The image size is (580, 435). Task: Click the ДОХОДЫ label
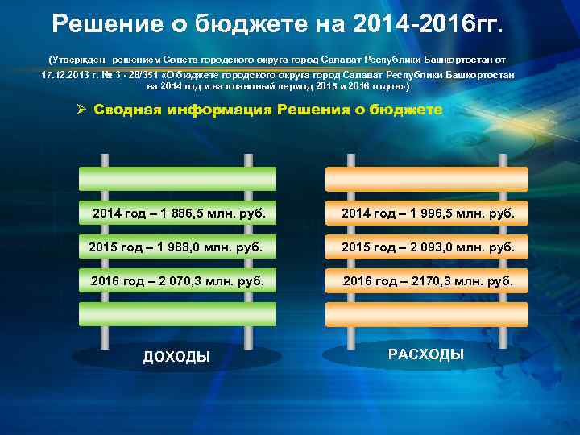coord(176,357)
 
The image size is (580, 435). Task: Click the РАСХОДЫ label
coord(426,354)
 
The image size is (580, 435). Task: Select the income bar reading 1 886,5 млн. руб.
coord(177,213)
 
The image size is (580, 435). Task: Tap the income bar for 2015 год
coord(177,246)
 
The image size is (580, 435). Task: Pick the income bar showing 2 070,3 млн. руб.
coord(177,280)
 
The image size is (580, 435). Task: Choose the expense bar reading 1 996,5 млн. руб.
coord(426,213)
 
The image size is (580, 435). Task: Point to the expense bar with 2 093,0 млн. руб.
coord(426,246)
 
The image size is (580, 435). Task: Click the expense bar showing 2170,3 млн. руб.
coord(426,280)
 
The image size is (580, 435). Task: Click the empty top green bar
coord(177,179)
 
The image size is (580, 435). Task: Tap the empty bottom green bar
coord(177,314)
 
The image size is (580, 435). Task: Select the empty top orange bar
coord(426,179)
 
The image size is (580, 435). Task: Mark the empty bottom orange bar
coord(426,314)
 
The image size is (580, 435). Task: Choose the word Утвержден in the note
coord(79,60)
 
